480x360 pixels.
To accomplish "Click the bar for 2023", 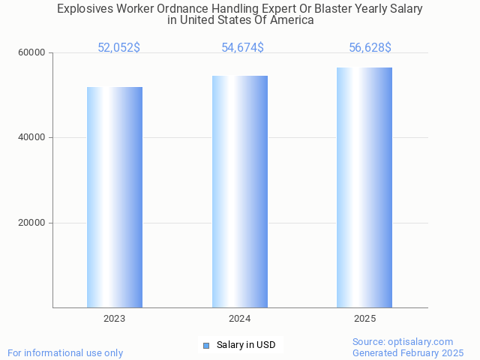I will [x=115, y=197].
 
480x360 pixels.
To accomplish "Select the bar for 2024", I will [x=240, y=191].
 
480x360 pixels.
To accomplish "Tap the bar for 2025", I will [x=364, y=187].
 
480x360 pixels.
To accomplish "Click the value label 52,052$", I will [x=118, y=48].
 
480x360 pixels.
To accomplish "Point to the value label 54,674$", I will [x=242, y=48].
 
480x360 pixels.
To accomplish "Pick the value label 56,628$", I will [x=370, y=48].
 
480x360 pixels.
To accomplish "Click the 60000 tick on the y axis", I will [x=32, y=53].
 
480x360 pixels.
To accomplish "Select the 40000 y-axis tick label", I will [x=32, y=138].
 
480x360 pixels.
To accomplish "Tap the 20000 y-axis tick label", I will [x=32, y=223].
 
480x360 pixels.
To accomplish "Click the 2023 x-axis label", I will [x=115, y=319].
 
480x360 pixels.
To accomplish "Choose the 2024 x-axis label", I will [x=240, y=319].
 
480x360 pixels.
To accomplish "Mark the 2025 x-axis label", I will [x=364, y=319].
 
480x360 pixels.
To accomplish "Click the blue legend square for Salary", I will [x=206, y=345].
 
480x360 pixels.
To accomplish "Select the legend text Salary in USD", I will [x=246, y=345].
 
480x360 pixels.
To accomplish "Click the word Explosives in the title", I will [x=84, y=9].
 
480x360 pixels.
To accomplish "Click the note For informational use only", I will [x=65, y=352].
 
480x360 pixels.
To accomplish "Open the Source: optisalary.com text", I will [x=403, y=341].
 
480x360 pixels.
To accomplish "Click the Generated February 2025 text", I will [x=408, y=352].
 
